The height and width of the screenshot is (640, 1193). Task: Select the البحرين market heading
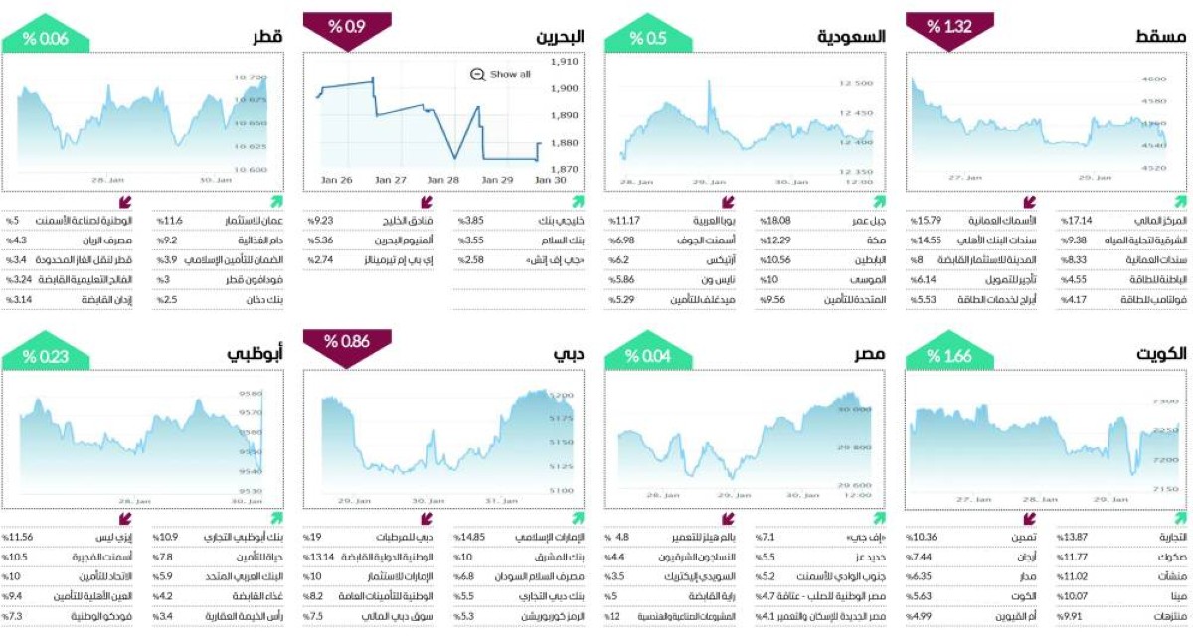point(560,37)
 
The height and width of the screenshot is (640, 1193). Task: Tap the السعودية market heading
point(850,37)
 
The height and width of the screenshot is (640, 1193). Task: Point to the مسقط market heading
point(1159,37)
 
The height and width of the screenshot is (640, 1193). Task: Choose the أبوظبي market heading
point(254,355)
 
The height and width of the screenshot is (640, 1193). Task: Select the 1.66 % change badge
point(947,356)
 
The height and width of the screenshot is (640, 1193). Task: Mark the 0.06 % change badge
point(46,38)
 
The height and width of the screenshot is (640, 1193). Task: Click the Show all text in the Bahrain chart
point(511,74)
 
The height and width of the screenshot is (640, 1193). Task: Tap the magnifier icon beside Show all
point(477,74)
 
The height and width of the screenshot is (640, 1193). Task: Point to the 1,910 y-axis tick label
point(564,62)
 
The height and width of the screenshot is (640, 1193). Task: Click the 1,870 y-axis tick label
point(564,169)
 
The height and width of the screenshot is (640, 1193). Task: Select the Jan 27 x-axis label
point(391,180)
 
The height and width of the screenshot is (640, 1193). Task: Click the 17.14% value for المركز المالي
point(1073,219)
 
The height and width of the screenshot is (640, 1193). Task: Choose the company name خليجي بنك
point(561,219)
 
